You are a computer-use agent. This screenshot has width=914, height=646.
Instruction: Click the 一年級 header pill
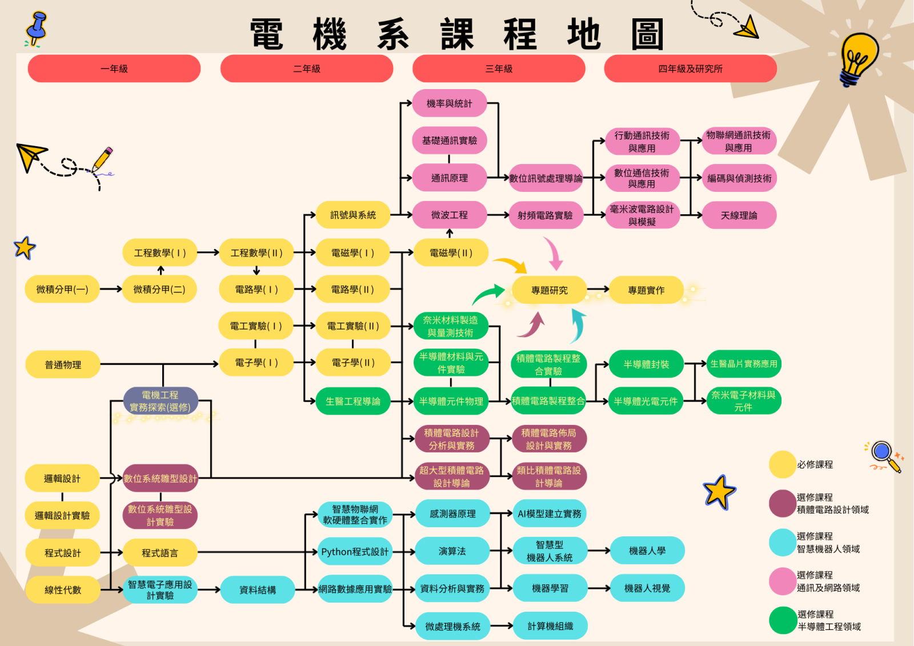(x=114, y=69)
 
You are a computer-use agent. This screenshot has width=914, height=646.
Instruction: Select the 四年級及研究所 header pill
(x=690, y=69)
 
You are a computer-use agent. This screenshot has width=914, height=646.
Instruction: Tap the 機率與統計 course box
(x=450, y=103)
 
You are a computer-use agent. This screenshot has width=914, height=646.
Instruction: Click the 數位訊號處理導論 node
(x=546, y=178)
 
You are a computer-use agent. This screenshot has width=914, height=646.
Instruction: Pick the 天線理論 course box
(x=739, y=215)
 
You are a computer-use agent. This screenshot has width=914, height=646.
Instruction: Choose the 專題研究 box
(x=549, y=290)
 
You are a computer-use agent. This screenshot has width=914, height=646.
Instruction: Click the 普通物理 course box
(x=63, y=364)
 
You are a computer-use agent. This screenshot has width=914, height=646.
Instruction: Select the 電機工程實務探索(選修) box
(x=161, y=401)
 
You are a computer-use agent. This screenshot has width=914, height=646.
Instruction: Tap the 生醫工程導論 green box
(x=352, y=401)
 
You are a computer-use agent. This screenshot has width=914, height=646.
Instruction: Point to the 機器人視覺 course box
(x=647, y=588)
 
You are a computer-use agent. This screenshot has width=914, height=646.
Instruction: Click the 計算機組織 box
(x=550, y=626)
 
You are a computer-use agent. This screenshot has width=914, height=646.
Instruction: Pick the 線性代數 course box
(x=63, y=590)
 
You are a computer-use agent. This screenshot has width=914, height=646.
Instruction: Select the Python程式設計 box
(x=355, y=552)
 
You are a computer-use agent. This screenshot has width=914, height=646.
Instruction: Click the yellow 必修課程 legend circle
(x=782, y=464)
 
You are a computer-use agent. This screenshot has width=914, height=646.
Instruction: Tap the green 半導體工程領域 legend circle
(x=782, y=620)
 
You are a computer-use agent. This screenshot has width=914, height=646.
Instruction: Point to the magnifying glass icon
(x=884, y=455)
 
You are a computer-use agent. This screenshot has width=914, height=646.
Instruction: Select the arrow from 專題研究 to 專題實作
(x=598, y=290)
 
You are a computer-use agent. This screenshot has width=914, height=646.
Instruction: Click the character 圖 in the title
(x=647, y=34)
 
